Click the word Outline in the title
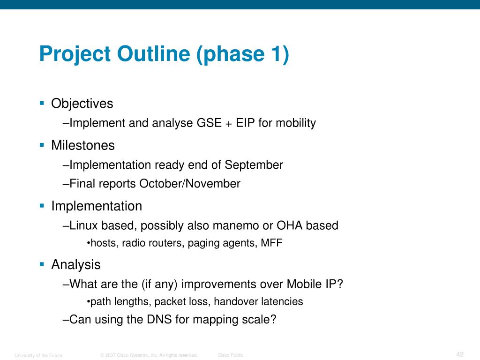(x=153, y=53)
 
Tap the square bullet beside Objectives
(x=42, y=103)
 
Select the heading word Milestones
(x=82, y=145)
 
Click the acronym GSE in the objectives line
(x=209, y=123)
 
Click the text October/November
(x=190, y=184)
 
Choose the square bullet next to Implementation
(x=42, y=206)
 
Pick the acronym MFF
(x=271, y=243)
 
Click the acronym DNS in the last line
(x=159, y=319)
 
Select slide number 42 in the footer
(x=460, y=354)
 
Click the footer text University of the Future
(x=38, y=355)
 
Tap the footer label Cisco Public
(x=231, y=355)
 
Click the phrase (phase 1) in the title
(x=242, y=54)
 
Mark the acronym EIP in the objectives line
(x=245, y=123)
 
